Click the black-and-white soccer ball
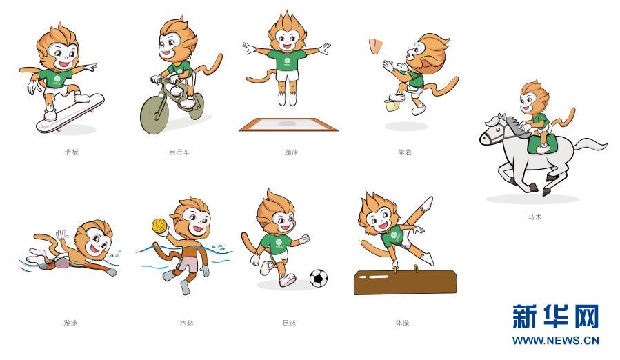click(x=319, y=278)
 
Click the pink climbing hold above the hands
click(x=375, y=46)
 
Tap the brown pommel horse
click(x=406, y=282)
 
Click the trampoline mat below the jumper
click(x=288, y=124)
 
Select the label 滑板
click(x=72, y=152)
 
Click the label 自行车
click(x=179, y=152)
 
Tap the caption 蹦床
click(x=292, y=152)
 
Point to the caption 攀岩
click(x=405, y=152)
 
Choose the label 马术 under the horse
click(x=534, y=217)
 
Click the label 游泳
click(x=71, y=323)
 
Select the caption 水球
click(x=187, y=323)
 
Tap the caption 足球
click(x=289, y=323)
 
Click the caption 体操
click(x=402, y=323)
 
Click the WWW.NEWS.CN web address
click(x=556, y=340)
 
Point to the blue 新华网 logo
click(x=556, y=316)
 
